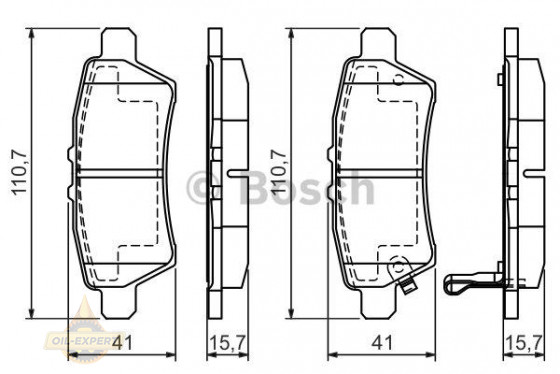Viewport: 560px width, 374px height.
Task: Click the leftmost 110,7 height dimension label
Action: pyautogui.click(x=20, y=173)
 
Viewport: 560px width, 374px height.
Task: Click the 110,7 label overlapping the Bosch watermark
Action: pyautogui.click(x=280, y=172)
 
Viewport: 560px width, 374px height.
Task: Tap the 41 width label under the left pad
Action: pyautogui.click(x=122, y=343)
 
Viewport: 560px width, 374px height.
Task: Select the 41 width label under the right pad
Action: pyautogui.click(x=382, y=343)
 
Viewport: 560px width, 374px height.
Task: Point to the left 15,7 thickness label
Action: pyautogui.click(x=228, y=343)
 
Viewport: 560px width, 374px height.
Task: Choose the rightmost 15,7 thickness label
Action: pyautogui.click(x=524, y=343)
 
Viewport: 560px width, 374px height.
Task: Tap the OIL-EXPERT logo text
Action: pyautogui.click(x=81, y=340)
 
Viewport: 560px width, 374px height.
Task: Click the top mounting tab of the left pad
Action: pyautogui.click(x=119, y=44)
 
